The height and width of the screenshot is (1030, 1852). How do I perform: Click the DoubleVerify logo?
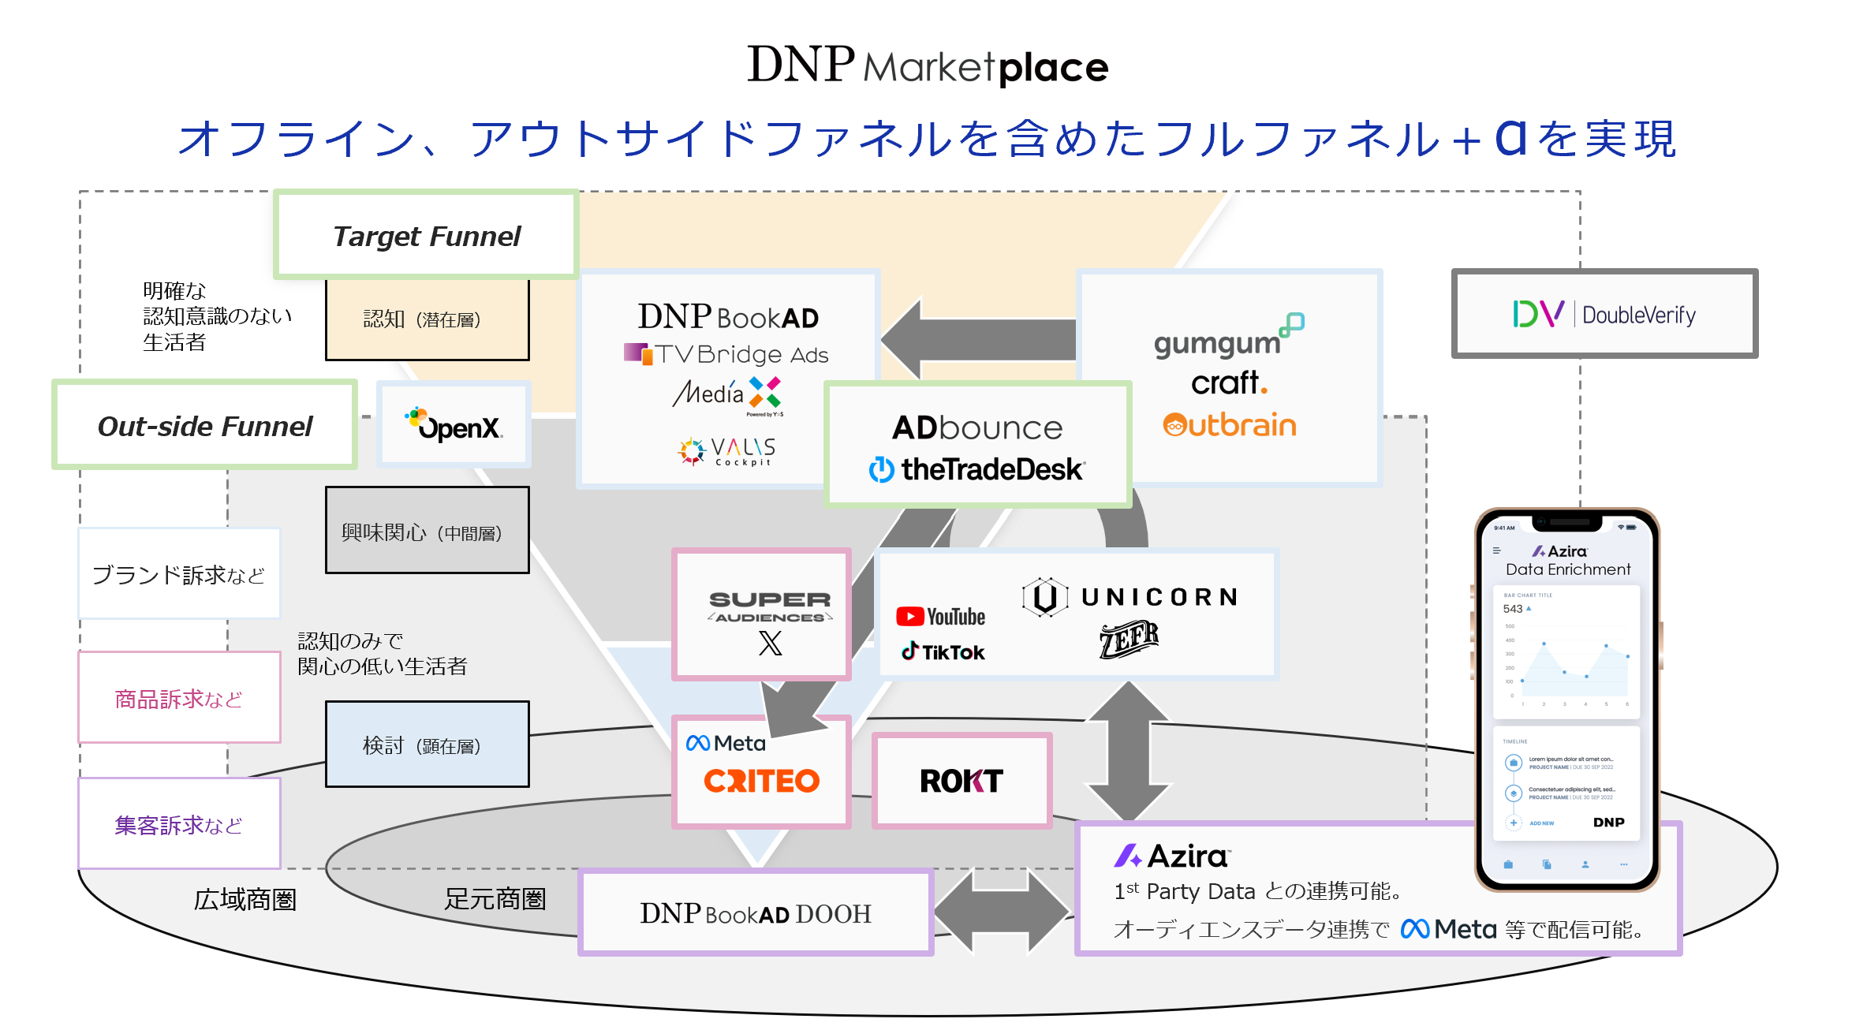point(1604,314)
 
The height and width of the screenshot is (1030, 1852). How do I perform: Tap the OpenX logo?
point(454,426)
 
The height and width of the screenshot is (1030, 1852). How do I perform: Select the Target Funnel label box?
point(426,236)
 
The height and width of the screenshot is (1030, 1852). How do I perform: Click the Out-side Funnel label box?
point(204,426)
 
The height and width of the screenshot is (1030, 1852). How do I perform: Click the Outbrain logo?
point(1230,426)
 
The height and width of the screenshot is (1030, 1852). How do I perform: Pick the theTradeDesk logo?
point(977,469)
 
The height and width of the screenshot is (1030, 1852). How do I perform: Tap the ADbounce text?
point(977,427)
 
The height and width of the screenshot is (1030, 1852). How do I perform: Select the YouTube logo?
point(940,617)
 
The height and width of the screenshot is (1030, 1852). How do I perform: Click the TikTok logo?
point(943,652)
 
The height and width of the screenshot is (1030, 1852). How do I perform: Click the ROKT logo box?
point(961,781)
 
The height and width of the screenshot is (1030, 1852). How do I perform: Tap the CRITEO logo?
point(761,781)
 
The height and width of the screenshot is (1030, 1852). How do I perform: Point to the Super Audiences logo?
point(769,606)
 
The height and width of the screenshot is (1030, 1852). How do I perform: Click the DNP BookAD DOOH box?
point(756,913)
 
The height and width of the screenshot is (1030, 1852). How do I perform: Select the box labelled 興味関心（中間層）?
point(427,530)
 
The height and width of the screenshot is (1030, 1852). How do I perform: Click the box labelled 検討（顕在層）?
point(427,745)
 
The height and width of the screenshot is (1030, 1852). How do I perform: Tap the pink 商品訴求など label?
point(179,698)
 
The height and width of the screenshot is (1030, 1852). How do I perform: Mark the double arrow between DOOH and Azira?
point(1003,912)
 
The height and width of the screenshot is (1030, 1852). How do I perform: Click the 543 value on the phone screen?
point(1512,609)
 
